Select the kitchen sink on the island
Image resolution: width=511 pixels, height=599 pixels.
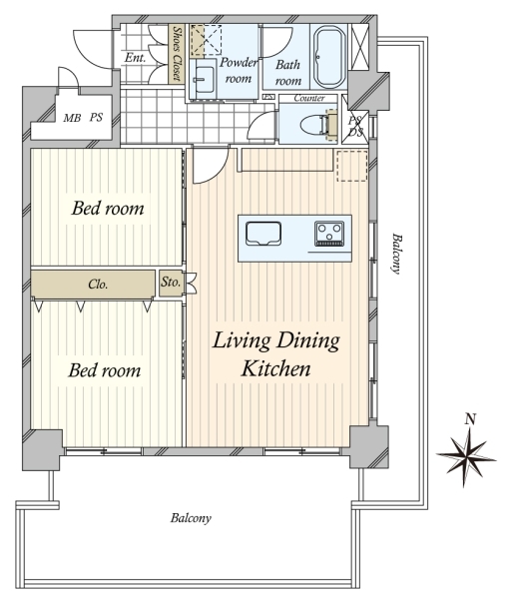tap(263, 233)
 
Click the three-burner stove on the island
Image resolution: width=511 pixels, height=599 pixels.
tap(327, 233)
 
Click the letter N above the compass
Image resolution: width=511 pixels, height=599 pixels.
tap(470, 419)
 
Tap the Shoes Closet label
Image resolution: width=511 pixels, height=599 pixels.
tap(177, 54)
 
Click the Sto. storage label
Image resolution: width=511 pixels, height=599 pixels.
tap(171, 283)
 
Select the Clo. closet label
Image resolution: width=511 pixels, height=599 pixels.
tap(98, 284)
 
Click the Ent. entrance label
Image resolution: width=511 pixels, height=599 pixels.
tap(135, 58)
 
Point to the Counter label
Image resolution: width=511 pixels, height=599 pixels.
tap(309, 98)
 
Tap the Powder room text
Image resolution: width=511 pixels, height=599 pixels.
tap(239, 70)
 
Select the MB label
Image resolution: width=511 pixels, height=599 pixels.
tap(72, 118)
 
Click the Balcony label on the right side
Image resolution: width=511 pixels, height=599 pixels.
tap(396, 254)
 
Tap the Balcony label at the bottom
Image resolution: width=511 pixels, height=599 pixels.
tap(191, 518)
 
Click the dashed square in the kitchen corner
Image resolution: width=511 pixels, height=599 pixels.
tap(351, 166)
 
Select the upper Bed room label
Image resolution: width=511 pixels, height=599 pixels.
tap(108, 209)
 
